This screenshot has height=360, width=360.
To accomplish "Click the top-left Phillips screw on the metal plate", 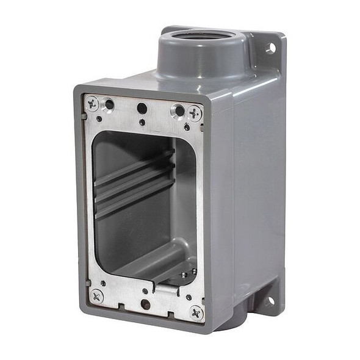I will click(93, 104).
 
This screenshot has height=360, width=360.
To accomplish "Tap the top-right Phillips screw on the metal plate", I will click(195, 112).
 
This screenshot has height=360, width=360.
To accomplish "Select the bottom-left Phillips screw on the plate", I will click(97, 296).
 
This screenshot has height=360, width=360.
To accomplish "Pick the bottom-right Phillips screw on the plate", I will click(196, 312).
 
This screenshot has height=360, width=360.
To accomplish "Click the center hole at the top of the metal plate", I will click(142, 108).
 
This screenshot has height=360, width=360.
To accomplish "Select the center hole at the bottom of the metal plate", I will click(145, 303).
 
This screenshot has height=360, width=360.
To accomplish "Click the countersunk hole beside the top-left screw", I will click(109, 104).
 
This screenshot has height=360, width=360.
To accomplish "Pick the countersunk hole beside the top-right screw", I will click(178, 111).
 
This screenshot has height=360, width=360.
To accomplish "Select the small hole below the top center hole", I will click(142, 122).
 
